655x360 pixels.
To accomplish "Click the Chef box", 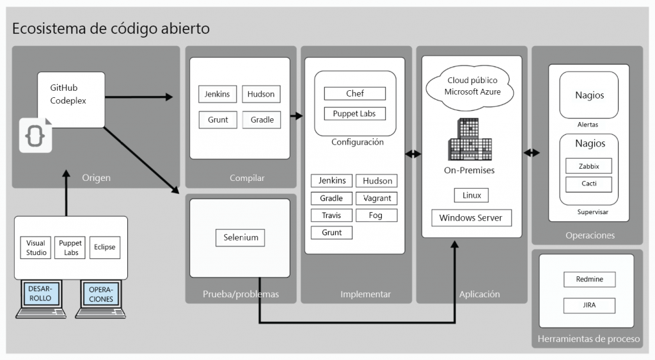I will point(354,93).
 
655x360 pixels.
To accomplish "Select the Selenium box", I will point(241,237).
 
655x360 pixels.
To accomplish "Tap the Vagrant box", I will point(376,198).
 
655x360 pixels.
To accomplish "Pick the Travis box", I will point(331,215).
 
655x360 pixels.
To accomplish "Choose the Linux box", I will point(471,195).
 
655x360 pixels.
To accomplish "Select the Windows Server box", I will point(471,217).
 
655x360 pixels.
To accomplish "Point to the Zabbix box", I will point(588,166).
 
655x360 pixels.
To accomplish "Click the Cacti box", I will point(588,185).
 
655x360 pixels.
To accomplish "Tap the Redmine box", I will point(589,279).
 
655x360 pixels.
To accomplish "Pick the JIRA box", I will point(589,306).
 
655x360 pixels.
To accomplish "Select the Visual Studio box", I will point(36,247).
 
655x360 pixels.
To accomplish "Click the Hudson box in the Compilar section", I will point(261,94).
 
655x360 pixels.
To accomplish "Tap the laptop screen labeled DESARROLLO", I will point(40,293).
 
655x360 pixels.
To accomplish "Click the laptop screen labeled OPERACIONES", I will point(100,294).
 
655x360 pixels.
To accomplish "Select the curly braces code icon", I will point(35,135).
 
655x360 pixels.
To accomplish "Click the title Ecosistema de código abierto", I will point(111,29).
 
